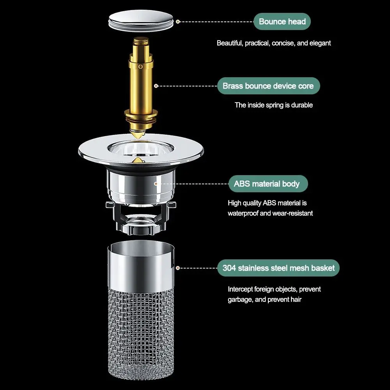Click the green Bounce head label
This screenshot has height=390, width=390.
282,21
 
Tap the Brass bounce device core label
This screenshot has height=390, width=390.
268,86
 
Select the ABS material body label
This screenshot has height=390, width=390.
268,184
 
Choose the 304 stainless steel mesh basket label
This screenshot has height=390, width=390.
278,268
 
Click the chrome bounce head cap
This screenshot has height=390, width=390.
141,21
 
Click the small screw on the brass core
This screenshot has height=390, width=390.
141,66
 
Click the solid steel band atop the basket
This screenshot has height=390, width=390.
141,266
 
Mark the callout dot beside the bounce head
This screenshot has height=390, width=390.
177,21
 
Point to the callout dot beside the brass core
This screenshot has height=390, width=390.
156,86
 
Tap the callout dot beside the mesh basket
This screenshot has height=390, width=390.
177,268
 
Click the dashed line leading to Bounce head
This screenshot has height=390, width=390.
216,21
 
